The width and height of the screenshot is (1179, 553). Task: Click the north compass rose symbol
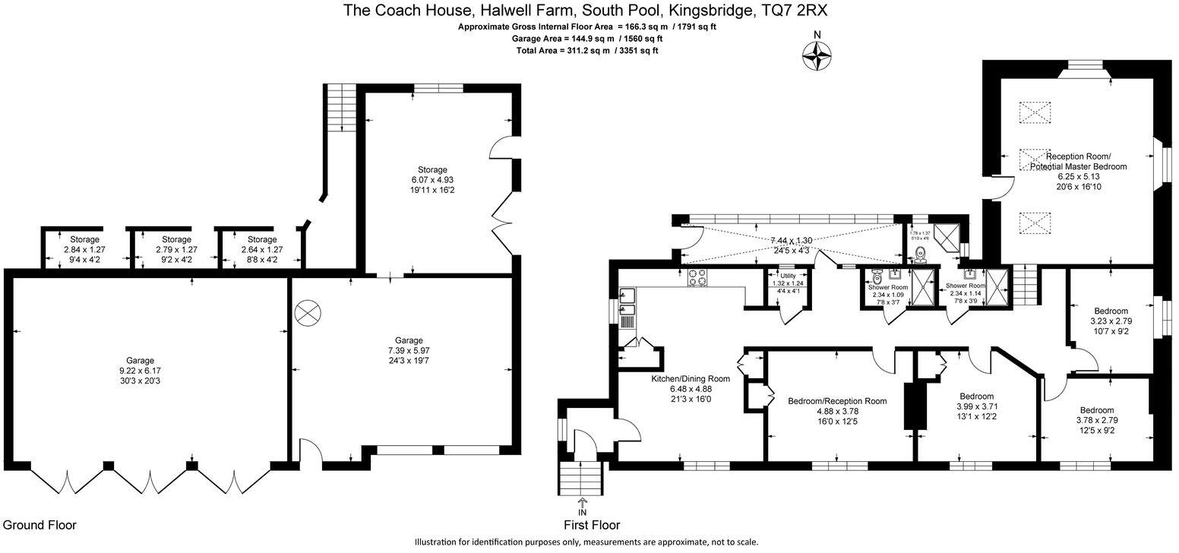point(817,55)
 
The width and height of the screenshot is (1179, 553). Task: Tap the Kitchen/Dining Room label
point(690,378)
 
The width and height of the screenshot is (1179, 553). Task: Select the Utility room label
point(787,276)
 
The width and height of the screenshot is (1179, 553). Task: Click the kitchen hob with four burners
point(697,278)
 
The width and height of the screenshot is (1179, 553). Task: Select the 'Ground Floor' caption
point(40,525)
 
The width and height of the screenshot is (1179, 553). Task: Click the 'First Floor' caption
point(591,525)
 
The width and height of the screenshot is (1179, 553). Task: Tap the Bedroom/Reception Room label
point(837,401)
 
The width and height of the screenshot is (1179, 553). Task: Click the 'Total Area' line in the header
point(586,51)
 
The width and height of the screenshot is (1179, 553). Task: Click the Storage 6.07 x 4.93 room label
point(431,169)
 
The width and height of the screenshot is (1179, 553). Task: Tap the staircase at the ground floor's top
point(341,107)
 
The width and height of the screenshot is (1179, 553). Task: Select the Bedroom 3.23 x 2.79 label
point(1111,311)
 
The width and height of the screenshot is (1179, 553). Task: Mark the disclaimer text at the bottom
point(586,542)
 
